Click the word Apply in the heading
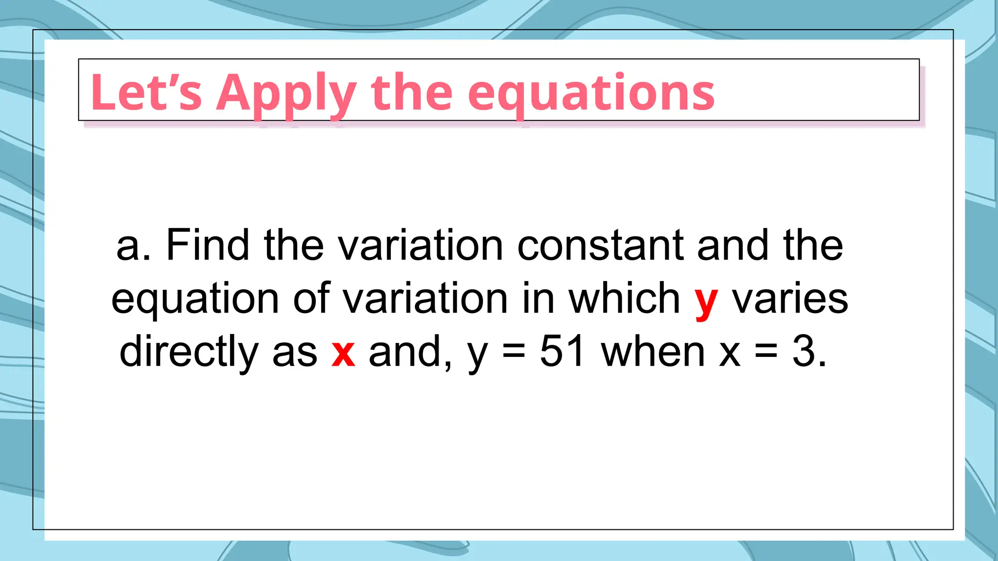click(287, 93)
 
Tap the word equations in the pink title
click(591, 93)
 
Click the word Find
click(208, 245)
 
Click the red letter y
click(706, 300)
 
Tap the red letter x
click(343, 352)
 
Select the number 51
click(562, 351)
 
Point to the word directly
click(189, 352)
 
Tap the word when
click(653, 351)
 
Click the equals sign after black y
click(514, 352)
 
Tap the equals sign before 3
click(766, 352)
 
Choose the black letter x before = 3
click(730, 352)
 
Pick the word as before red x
click(294, 352)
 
